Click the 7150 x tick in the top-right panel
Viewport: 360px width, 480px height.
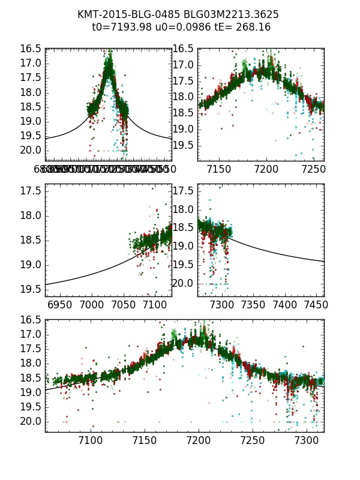pos(218,170)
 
